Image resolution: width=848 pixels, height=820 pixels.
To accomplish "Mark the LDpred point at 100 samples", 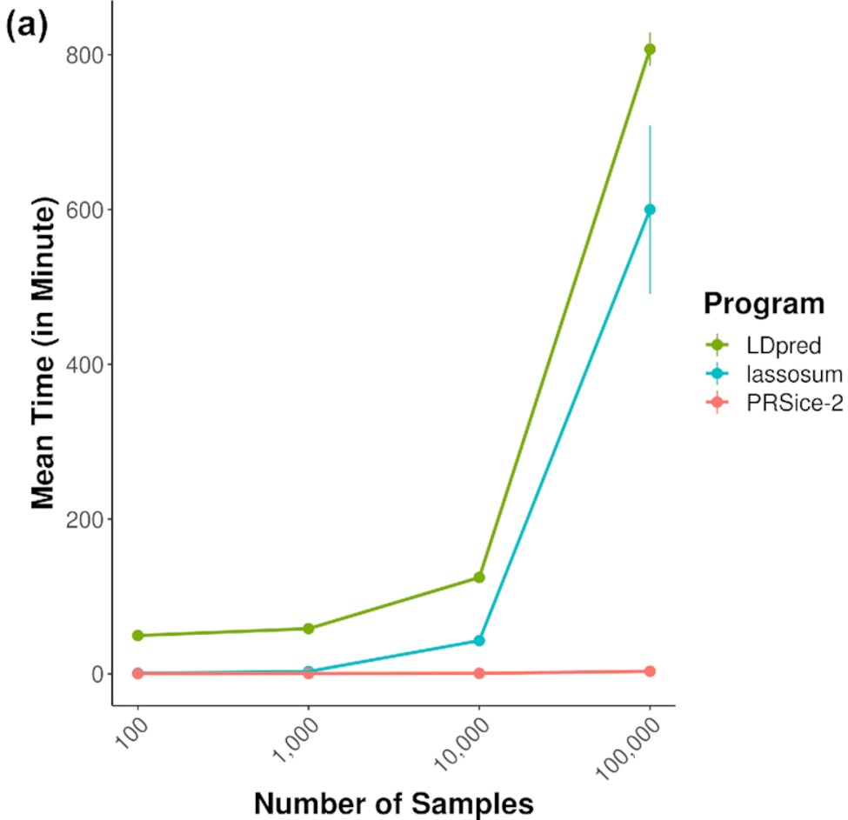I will (x=137, y=636).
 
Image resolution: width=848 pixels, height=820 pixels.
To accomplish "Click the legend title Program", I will (x=765, y=304).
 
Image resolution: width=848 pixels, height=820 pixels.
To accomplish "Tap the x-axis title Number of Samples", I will (x=394, y=803).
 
